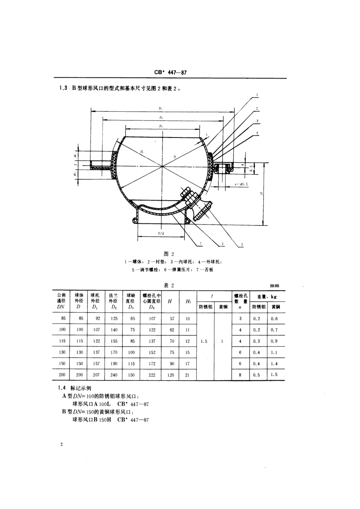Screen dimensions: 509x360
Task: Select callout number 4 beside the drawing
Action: point(257,133)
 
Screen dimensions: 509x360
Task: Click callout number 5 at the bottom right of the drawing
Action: point(241,244)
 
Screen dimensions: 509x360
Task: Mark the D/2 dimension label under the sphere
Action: point(161,234)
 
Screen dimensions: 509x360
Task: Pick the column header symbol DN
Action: point(61,307)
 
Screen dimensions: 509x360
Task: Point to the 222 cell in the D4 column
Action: point(152,375)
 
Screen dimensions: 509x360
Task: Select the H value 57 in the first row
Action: point(172,318)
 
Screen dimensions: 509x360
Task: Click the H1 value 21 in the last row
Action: point(188,375)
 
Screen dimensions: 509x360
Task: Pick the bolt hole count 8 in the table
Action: point(240,375)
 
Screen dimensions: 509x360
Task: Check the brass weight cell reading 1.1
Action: point(275,352)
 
